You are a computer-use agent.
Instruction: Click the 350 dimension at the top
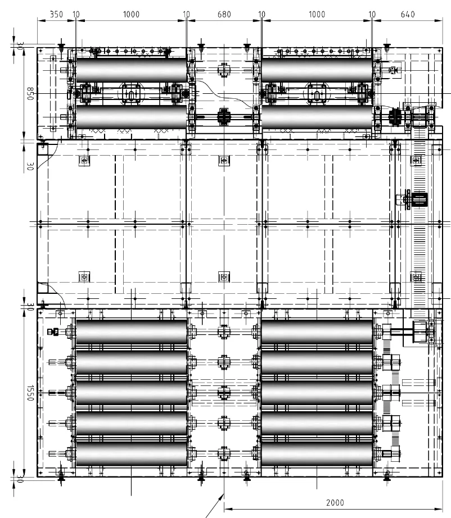(x=56, y=14)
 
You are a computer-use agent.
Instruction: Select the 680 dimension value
(x=224, y=14)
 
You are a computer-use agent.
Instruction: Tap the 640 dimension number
(x=408, y=14)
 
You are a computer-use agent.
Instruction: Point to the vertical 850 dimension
(x=30, y=94)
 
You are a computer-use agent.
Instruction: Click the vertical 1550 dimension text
(x=30, y=393)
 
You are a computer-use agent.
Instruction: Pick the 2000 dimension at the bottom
(x=335, y=502)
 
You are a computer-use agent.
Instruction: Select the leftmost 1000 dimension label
(x=131, y=14)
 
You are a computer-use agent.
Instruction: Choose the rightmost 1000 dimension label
(x=317, y=14)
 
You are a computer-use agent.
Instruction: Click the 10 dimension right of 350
(x=76, y=14)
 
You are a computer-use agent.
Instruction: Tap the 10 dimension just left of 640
(x=372, y=14)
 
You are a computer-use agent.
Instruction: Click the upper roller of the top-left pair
(x=131, y=70)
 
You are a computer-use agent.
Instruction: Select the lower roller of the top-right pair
(x=317, y=117)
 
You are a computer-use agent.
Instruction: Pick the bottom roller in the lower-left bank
(x=131, y=453)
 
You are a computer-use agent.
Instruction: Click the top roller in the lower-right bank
(x=317, y=331)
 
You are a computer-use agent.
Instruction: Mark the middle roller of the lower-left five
(x=131, y=393)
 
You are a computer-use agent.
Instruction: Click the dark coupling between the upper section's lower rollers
(x=224, y=117)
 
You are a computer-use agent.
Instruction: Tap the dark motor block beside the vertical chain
(x=420, y=200)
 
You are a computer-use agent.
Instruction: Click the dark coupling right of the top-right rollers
(x=394, y=117)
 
